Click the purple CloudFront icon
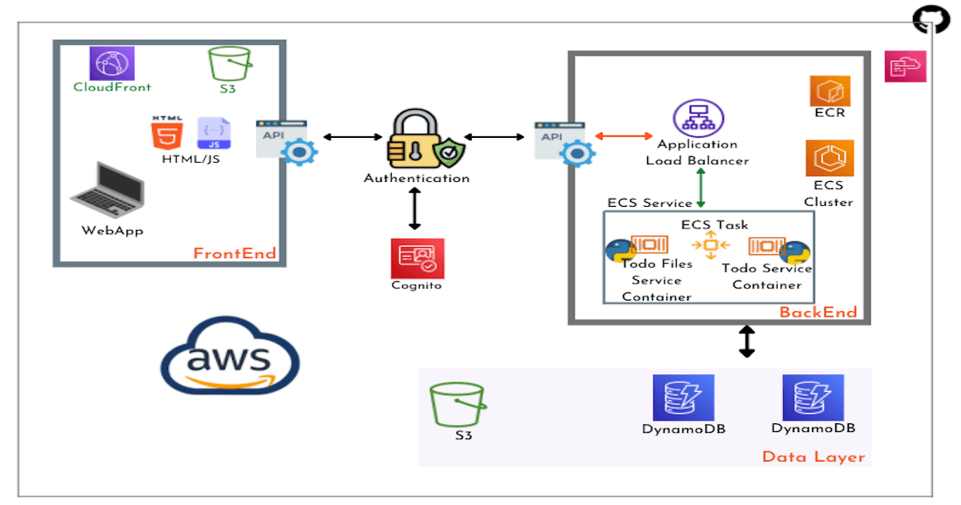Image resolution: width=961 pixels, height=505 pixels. click(112, 63)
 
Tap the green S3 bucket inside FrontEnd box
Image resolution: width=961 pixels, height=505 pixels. click(229, 63)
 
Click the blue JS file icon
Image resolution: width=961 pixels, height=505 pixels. click(214, 133)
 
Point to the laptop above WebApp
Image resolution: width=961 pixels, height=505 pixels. click(107, 190)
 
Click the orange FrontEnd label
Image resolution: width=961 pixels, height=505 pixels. click(235, 254)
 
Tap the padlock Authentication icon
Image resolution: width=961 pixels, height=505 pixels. click(416, 138)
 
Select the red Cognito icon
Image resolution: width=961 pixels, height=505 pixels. click(416, 258)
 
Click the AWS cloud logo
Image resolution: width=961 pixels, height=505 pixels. click(230, 356)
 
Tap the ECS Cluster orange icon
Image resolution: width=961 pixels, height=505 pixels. click(829, 158)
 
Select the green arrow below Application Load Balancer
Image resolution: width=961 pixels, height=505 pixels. click(701, 190)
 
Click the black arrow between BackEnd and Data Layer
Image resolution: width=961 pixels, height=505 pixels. click(746, 341)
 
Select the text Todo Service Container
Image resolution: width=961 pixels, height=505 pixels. click(766, 277)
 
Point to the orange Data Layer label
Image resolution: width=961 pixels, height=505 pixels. click(813, 457)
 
